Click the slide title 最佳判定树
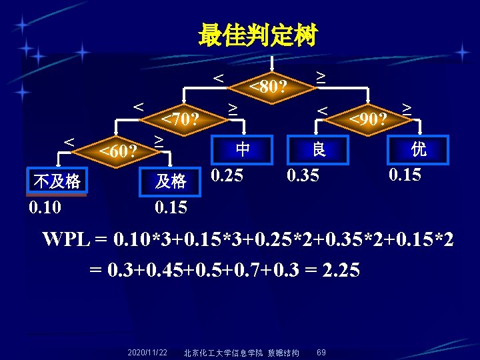click(257, 35)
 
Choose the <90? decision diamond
click(369, 119)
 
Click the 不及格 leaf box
click(57, 181)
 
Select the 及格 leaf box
click(171, 181)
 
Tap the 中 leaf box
click(243, 149)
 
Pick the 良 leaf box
click(319, 149)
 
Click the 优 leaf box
click(419, 149)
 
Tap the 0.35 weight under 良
click(303, 176)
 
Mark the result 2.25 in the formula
click(339, 270)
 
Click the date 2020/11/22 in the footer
click(147, 352)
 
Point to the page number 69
click(321, 352)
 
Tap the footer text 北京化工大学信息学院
click(223, 352)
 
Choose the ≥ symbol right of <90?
click(406, 108)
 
